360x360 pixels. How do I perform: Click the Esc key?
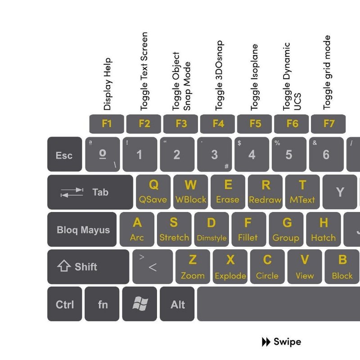point(64,154)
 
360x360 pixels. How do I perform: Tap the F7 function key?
point(328,124)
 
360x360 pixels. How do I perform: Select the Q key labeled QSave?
point(153,192)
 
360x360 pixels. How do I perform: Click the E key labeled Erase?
point(228,192)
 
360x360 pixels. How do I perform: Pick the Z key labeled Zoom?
point(193,267)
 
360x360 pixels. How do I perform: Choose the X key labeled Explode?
point(230,267)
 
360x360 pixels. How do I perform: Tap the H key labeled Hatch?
point(324,229)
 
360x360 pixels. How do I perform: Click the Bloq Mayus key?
point(82,229)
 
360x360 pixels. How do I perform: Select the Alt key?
point(177,304)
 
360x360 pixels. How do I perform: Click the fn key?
point(102,304)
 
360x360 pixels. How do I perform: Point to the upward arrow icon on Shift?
point(64,266)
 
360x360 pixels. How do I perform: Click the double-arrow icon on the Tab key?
point(72,193)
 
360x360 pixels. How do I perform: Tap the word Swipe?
point(287,342)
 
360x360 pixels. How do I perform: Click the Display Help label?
point(107,84)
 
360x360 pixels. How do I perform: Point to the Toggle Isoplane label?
point(254,77)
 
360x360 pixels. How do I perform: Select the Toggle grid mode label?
point(327,72)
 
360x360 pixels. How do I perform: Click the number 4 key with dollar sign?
point(252,154)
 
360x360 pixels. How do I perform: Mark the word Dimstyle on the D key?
point(211,238)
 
